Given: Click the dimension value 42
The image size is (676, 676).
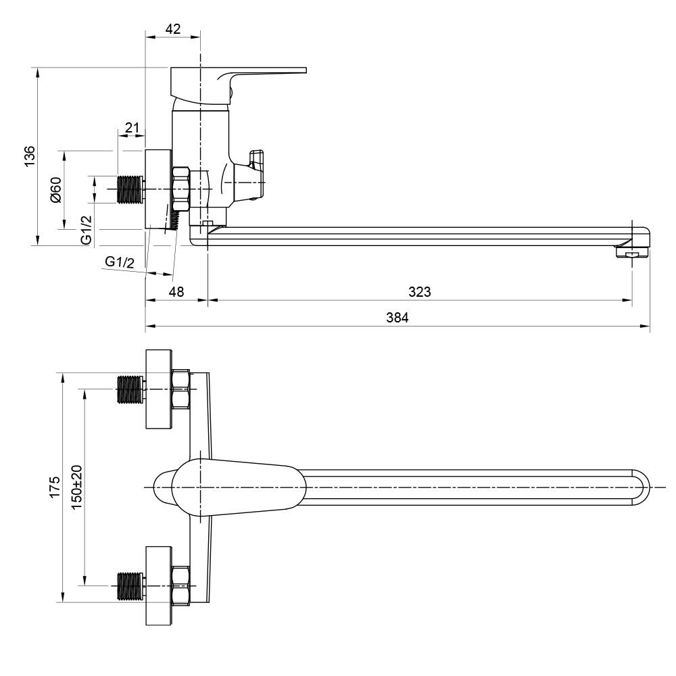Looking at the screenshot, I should (173, 28).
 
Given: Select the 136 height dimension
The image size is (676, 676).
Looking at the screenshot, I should (28, 157).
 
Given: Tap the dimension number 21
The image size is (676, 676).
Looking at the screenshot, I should (132, 128).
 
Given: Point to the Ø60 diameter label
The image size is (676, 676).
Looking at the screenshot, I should (56, 190).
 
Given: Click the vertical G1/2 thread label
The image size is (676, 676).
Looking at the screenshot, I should (86, 230).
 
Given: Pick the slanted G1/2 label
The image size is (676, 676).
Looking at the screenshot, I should (120, 262).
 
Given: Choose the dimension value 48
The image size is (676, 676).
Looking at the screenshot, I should (176, 292).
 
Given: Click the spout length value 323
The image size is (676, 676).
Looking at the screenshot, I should (420, 292).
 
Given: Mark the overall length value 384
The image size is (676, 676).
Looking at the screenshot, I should (397, 318).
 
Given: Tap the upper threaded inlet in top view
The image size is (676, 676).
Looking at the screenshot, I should (130, 390).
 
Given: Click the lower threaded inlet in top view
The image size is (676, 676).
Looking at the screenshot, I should (130, 585).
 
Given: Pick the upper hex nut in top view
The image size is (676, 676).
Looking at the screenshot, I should (181, 390).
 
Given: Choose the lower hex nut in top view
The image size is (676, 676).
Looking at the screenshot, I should (181, 585).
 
